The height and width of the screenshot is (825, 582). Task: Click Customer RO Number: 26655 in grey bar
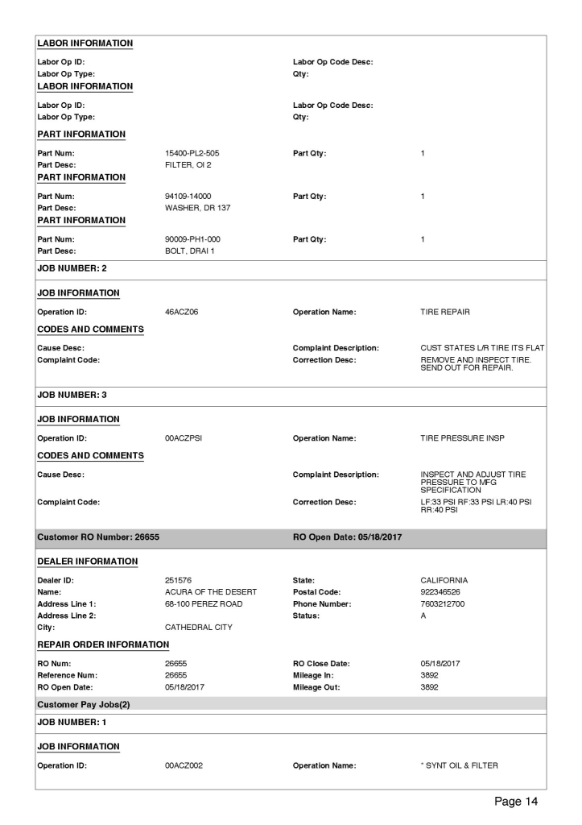click(x=100, y=539)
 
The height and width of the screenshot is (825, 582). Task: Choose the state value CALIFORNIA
click(x=446, y=581)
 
